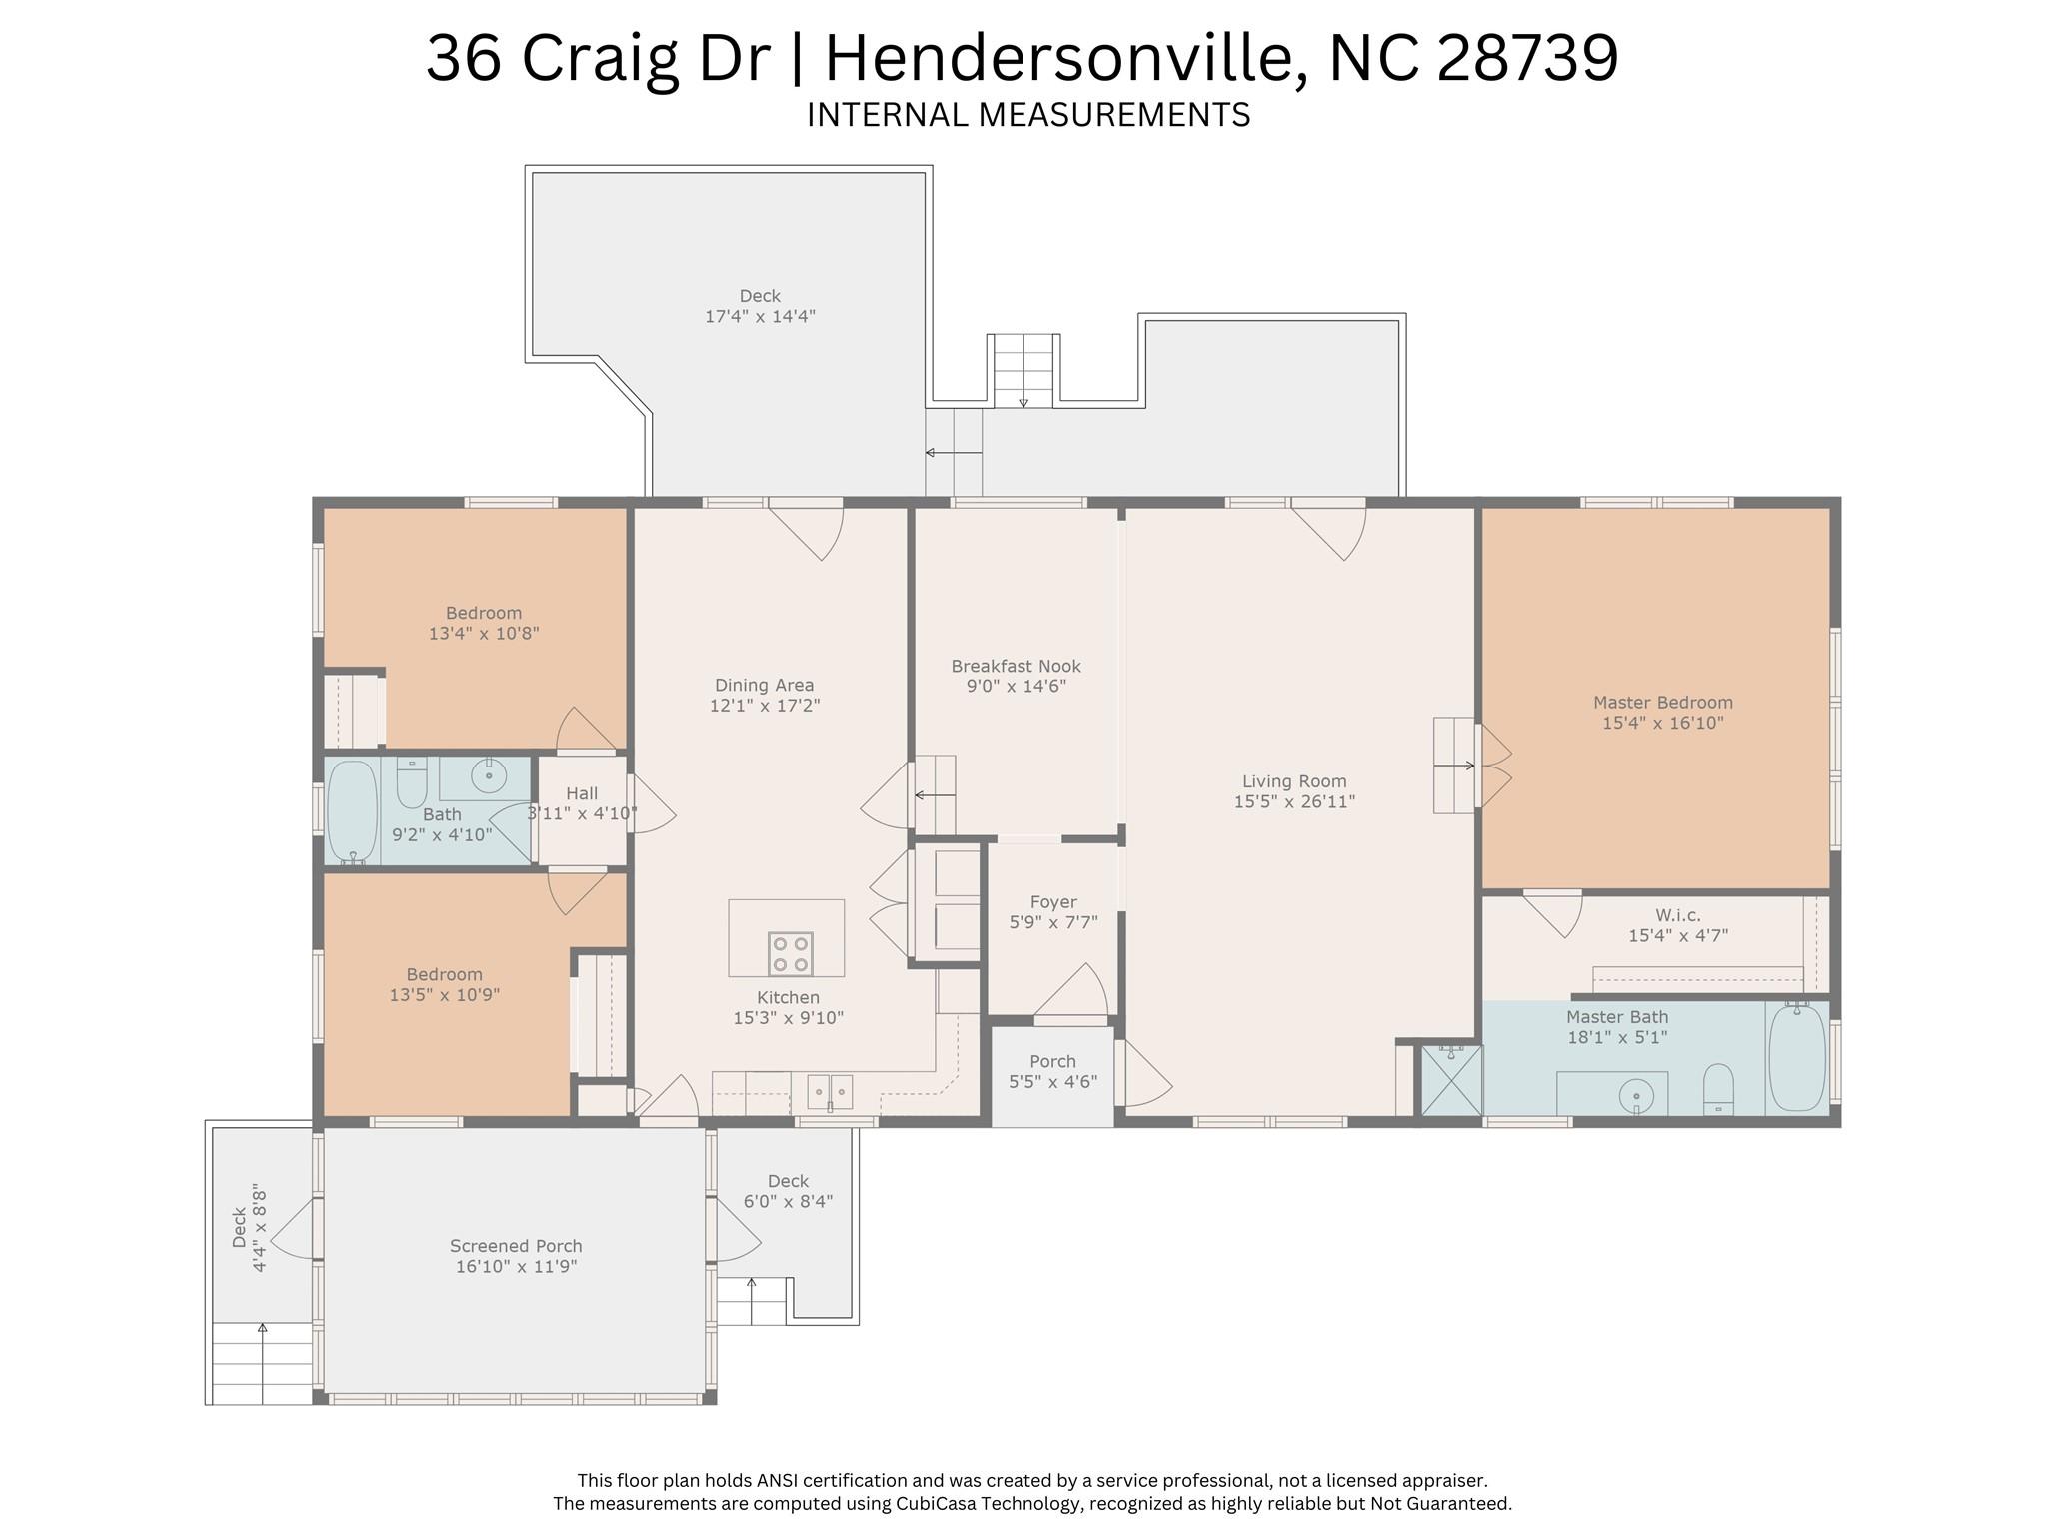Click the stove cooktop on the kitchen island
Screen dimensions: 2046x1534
(x=790, y=953)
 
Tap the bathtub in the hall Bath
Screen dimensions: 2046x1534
(x=352, y=811)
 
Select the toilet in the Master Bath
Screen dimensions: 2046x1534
(x=1718, y=1088)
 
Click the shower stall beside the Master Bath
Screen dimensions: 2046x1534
(x=1451, y=1079)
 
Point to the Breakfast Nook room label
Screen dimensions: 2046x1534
(x=1016, y=666)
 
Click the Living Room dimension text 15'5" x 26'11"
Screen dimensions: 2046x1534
(x=1294, y=801)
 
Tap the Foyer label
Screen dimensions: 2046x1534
(x=1053, y=902)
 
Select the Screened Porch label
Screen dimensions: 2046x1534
(x=516, y=1246)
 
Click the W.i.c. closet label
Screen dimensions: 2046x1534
(x=1677, y=915)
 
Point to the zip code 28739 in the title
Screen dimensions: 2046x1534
(x=1527, y=57)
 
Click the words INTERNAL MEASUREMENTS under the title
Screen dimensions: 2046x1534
(x=1028, y=115)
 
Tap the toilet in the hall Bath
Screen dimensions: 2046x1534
(x=412, y=783)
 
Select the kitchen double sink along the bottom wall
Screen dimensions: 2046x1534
(x=830, y=1092)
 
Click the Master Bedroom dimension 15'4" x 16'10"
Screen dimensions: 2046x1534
(x=1663, y=723)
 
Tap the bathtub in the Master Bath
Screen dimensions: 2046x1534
(x=1797, y=1057)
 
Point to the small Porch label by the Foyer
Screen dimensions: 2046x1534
(x=1052, y=1061)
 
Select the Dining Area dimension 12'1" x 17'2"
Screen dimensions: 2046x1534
(x=765, y=705)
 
